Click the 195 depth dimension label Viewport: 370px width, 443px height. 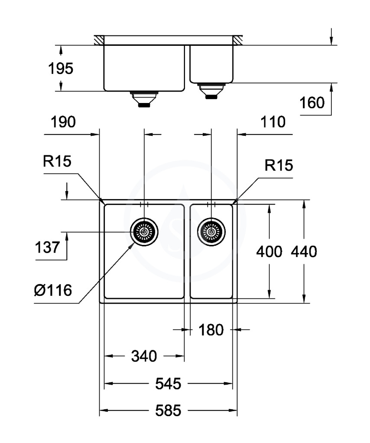tap(61, 69)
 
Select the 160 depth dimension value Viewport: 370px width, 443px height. tap(312, 103)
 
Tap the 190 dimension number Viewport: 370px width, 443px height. tap(63, 122)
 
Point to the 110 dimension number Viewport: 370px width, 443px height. tap(273, 122)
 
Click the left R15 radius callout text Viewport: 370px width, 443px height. tap(57, 161)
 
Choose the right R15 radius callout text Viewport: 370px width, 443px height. tap(279, 165)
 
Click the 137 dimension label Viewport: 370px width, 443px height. tap(47, 247)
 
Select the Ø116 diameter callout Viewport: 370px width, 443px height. tap(53, 290)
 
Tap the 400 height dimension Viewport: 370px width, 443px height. tap(269, 251)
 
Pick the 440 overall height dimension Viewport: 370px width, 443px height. tap(304, 251)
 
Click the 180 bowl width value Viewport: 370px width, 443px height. tap(211, 330)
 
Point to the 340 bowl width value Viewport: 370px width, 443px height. tap(144, 356)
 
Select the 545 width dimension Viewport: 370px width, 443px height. tap(168, 384)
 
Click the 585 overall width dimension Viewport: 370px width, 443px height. tap(168, 411)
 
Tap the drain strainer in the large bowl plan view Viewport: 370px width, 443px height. tap(144, 232)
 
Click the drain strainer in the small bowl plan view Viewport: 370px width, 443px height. tap(211, 232)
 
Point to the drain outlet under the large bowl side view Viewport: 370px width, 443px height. tap(144, 99)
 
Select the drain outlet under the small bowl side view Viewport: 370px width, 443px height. tap(211, 91)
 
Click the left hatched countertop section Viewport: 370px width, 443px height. tap(99, 40)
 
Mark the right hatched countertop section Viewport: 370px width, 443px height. tap(237, 40)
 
